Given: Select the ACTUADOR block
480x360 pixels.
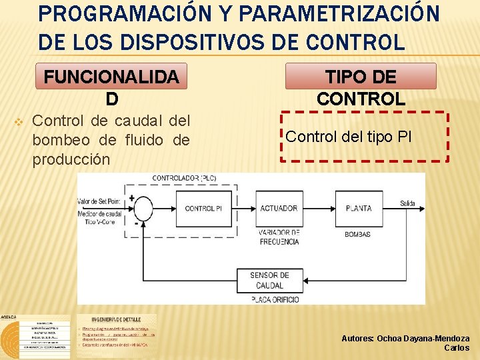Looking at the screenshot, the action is click(x=279, y=208).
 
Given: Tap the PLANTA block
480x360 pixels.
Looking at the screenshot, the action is click(x=358, y=208).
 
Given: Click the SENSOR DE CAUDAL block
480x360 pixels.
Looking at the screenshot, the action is click(x=269, y=280).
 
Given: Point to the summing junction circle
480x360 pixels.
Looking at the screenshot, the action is click(x=142, y=208).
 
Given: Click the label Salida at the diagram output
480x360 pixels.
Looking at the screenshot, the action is click(x=407, y=203).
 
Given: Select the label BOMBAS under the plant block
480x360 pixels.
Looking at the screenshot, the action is click(x=357, y=235).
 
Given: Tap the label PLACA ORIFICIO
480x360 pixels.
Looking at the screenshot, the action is click(x=275, y=300).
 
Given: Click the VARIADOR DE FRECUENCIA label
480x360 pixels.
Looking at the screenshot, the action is click(x=279, y=237).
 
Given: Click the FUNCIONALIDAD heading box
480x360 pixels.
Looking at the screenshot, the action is click(x=111, y=77).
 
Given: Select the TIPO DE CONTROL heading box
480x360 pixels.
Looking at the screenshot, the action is click(x=361, y=77).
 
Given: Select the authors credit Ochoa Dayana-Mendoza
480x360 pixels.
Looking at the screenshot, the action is click(x=405, y=339).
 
